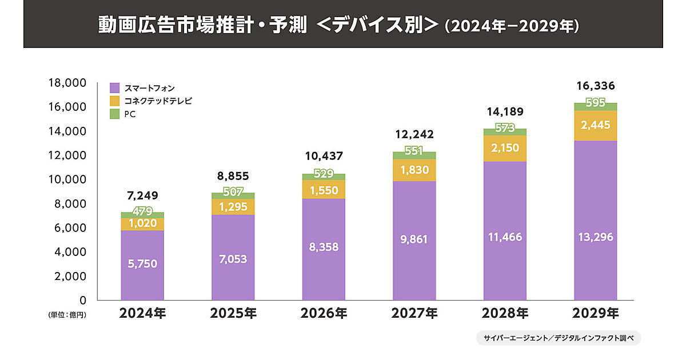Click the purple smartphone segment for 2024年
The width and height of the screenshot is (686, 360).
[x=142, y=265]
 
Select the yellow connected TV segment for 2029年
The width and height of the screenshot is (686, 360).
[x=595, y=125]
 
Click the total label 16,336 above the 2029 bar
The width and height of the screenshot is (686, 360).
[x=595, y=86]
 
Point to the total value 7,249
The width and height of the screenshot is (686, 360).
[x=142, y=197]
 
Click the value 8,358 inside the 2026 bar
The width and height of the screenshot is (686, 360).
[x=324, y=247]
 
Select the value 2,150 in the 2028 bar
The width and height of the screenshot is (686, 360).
[x=505, y=148]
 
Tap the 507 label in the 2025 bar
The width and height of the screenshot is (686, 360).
[x=233, y=191]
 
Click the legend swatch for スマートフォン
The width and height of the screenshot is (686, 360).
[x=115, y=88]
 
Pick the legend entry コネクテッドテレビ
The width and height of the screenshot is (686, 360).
[x=158, y=101]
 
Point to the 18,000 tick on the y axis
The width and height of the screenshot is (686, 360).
[x=67, y=83]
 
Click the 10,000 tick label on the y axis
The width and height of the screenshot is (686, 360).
[x=67, y=179]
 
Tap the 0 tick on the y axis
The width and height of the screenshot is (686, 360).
[x=82, y=300]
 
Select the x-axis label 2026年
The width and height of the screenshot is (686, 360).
[x=324, y=314]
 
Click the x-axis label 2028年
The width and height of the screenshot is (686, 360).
[x=505, y=314]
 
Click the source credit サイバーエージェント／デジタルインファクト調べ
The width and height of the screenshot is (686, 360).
[x=558, y=338]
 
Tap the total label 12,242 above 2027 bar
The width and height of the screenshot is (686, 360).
[x=414, y=135]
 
